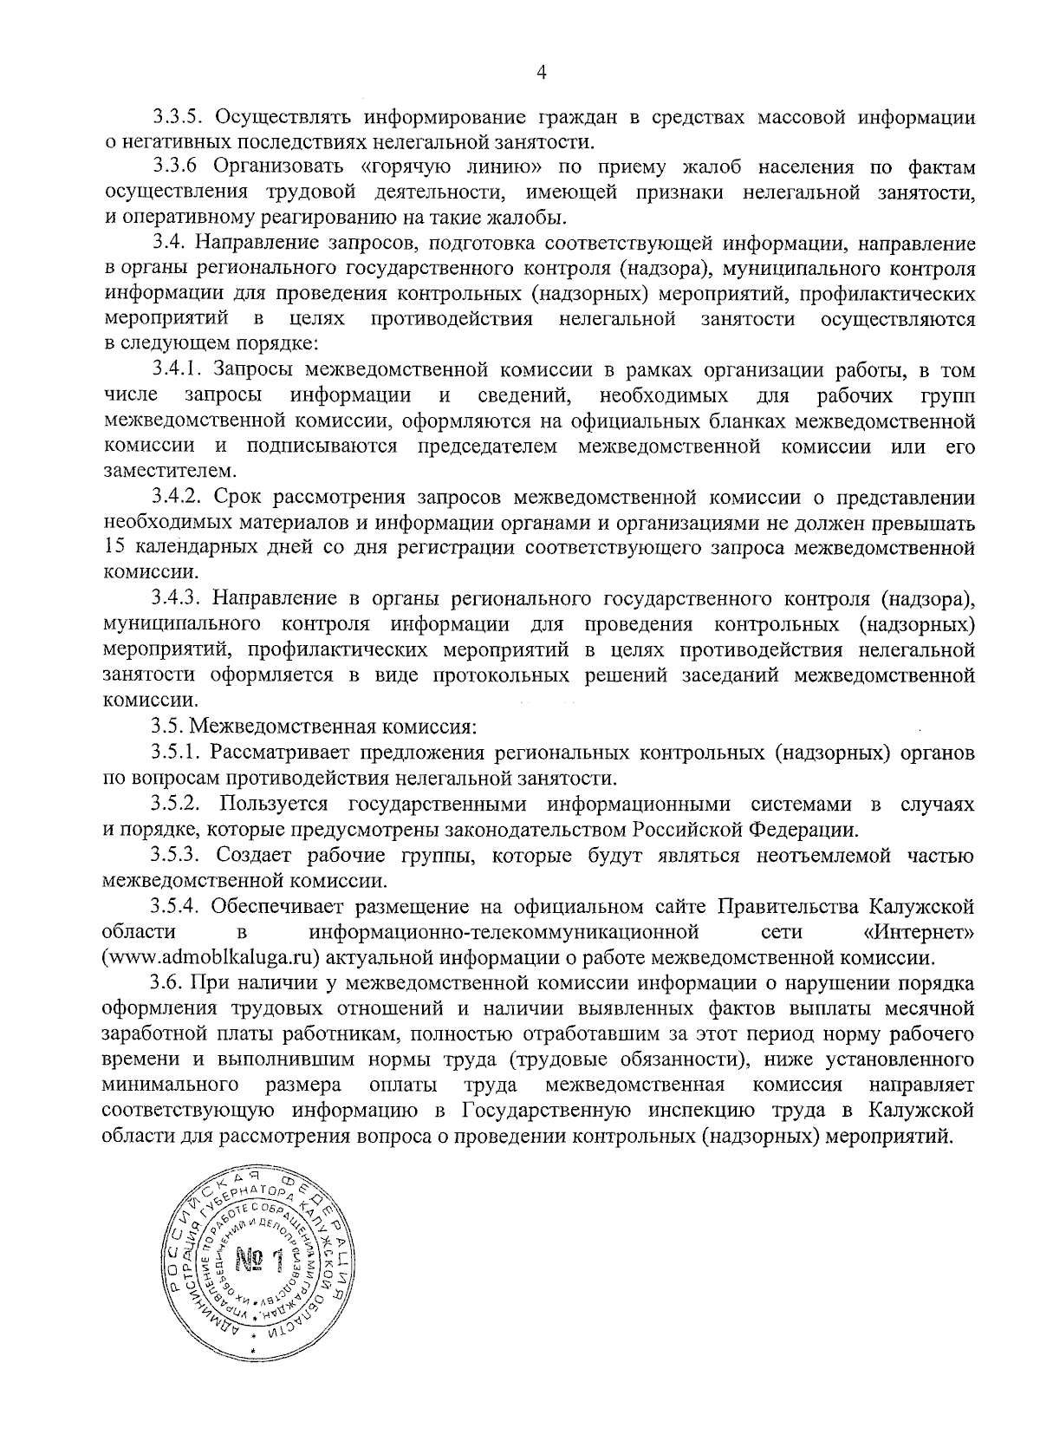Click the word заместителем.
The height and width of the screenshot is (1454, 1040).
pyautogui.click(x=156, y=473)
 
